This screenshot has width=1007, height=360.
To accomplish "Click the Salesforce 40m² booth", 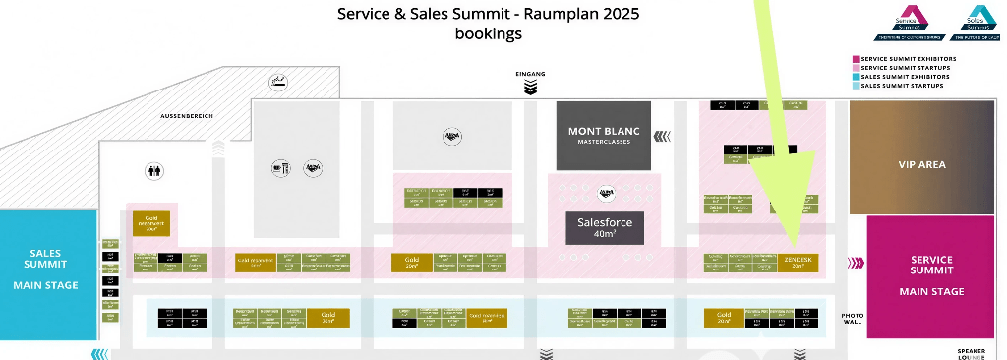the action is click(604, 228).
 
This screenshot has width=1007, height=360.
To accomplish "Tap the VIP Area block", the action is click(921, 164).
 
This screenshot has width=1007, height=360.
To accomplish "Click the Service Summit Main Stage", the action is click(930, 275).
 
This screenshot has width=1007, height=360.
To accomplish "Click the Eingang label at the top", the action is click(530, 74).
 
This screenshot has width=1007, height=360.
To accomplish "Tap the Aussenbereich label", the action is click(187, 116).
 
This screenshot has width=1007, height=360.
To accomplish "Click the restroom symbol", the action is click(153, 169).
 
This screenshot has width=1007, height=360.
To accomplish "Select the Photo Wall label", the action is click(853, 320).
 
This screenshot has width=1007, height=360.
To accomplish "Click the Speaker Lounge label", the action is click(971, 353).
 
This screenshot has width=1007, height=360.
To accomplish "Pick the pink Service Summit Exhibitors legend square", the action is click(856, 59).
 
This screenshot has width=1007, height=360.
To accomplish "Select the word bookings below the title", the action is click(488, 33).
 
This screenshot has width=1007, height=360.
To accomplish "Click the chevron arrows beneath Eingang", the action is click(530, 88).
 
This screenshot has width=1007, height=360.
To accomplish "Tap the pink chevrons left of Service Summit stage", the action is click(856, 263).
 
